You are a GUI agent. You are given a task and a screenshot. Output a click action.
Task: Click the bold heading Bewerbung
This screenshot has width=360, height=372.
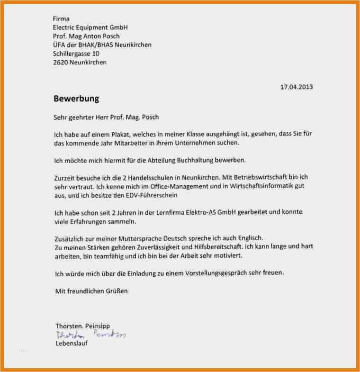tap(76, 99)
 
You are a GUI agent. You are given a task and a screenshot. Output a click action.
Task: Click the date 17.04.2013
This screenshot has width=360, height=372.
tap(297, 87)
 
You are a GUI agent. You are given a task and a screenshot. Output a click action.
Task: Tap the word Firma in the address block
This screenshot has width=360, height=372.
tap(62, 19)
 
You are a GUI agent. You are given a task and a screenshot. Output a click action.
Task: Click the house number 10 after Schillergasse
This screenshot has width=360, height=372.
tap(96, 54)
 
